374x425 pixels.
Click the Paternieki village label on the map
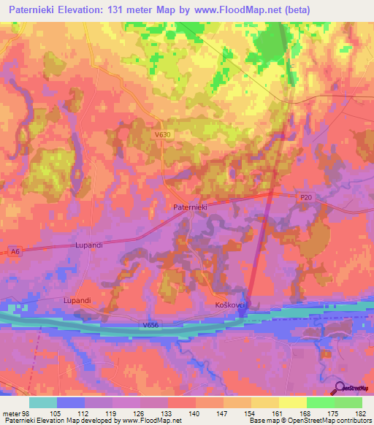tap(191, 207)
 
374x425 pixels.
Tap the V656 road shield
tap(152, 325)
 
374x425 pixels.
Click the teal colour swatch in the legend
tap(43, 402)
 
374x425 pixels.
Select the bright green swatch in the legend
tap(320, 402)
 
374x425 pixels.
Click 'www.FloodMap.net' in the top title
tap(224, 10)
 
